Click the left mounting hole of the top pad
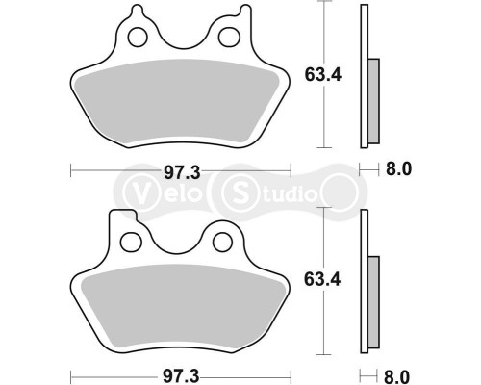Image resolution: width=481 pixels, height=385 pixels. click(x=138, y=38)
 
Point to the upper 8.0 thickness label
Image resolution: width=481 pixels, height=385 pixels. click(x=398, y=170)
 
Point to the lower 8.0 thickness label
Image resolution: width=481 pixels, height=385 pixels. click(x=398, y=373)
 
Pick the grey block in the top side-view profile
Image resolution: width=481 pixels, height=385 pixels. click(x=374, y=96)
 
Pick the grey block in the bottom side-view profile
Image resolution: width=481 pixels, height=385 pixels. click(x=374, y=298)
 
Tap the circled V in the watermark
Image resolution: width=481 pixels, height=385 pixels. click(x=135, y=191)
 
